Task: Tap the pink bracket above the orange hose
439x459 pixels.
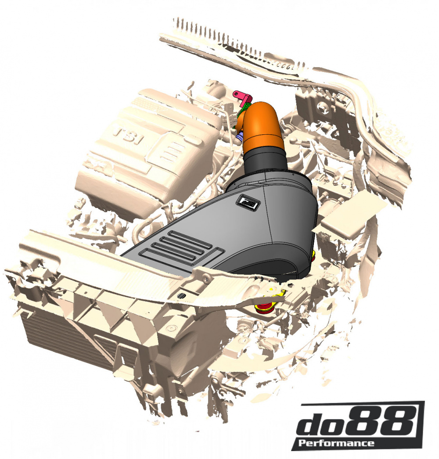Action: pyautogui.click(x=241, y=96)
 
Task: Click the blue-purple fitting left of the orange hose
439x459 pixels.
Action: pyautogui.click(x=239, y=137)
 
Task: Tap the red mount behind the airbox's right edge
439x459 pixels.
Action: pyautogui.click(x=313, y=258)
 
